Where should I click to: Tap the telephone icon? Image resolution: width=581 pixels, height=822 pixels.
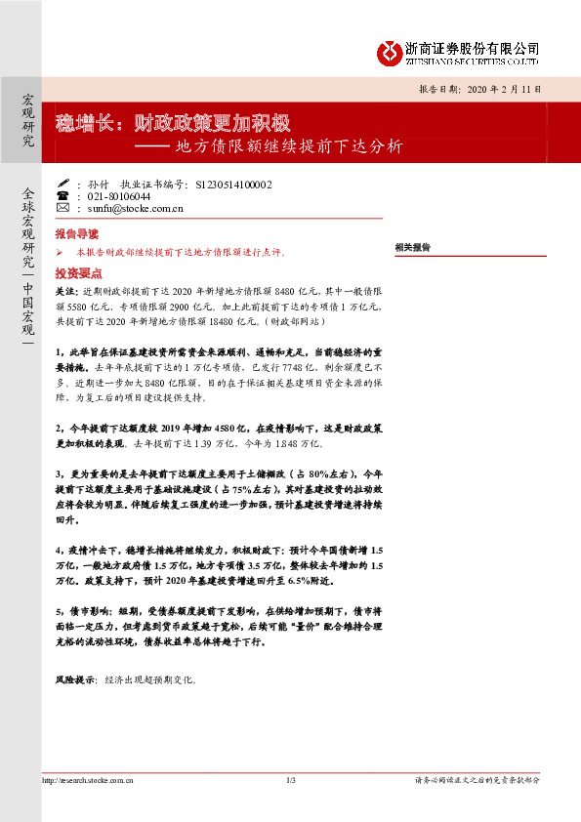[x=63, y=195]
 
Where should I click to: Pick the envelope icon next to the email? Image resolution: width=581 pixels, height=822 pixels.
[x=63, y=208]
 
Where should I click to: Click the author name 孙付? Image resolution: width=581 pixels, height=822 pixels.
[x=98, y=184]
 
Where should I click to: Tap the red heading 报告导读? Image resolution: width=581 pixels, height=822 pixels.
[x=77, y=235]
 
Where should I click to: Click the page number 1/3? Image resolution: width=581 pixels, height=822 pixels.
[x=290, y=780]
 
